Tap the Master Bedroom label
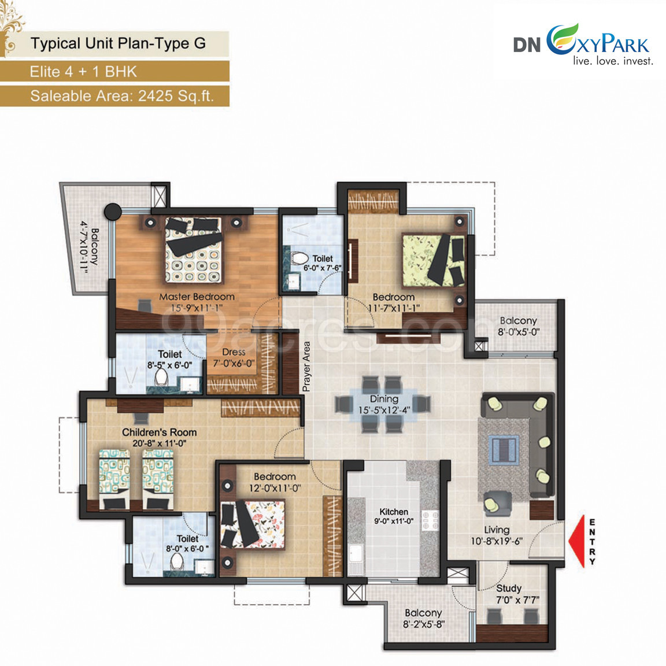[197, 297]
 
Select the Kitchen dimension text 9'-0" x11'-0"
[394, 521]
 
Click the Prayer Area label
[306, 367]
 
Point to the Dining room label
[384, 399]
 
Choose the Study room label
[508, 589]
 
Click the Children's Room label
[160, 432]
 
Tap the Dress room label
[234, 352]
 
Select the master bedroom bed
[193, 250]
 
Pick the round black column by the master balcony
[113, 211]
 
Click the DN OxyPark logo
[583, 45]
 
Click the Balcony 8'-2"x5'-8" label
[423, 619]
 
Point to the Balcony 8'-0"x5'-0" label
[518, 326]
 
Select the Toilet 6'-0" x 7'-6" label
[323, 264]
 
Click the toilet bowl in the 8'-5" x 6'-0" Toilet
[161, 376]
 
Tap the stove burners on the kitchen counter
[430, 521]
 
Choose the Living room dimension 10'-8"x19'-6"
[497, 541]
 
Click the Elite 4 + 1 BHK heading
[83, 71]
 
